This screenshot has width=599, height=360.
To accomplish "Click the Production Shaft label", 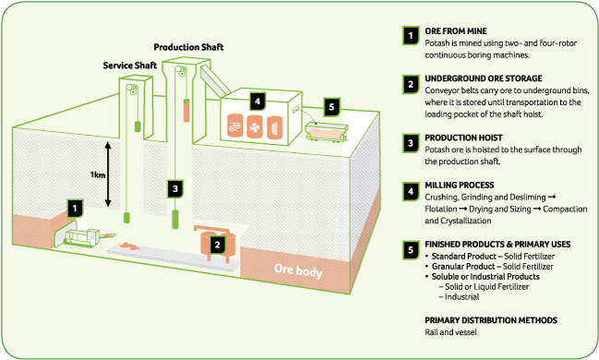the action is click(188, 47).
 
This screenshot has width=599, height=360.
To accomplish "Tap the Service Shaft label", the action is click(130, 66).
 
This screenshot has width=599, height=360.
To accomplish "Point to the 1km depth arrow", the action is click(108, 174).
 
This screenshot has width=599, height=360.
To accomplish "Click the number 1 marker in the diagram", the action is click(76, 209).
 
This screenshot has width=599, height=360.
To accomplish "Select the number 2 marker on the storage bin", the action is click(218, 245).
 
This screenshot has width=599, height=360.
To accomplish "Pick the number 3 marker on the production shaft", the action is click(175, 189).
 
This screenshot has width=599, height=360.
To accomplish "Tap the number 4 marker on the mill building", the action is click(258, 102).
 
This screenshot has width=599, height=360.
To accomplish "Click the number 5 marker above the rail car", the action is click(331, 107).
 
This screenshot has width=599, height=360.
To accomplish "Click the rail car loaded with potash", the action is click(327, 132).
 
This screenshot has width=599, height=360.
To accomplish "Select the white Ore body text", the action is click(298, 270).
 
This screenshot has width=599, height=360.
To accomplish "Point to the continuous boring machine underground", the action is click(85, 237).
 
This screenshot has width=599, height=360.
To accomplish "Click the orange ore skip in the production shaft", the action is click(186, 111).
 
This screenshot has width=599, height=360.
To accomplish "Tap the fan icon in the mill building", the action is click(255, 127).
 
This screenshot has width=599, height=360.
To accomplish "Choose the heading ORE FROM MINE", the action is click(456, 31).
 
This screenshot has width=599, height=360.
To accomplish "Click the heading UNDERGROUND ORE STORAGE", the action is click(484, 78).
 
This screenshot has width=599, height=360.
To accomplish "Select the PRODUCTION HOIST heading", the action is click(463, 138).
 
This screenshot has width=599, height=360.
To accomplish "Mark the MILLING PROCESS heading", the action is click(460, 186).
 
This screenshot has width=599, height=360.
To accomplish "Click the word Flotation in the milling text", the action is click(441, 209).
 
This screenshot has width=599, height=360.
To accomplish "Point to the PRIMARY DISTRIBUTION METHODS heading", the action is click(491, 320).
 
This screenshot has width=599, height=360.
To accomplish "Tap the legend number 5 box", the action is click(411, 250).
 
